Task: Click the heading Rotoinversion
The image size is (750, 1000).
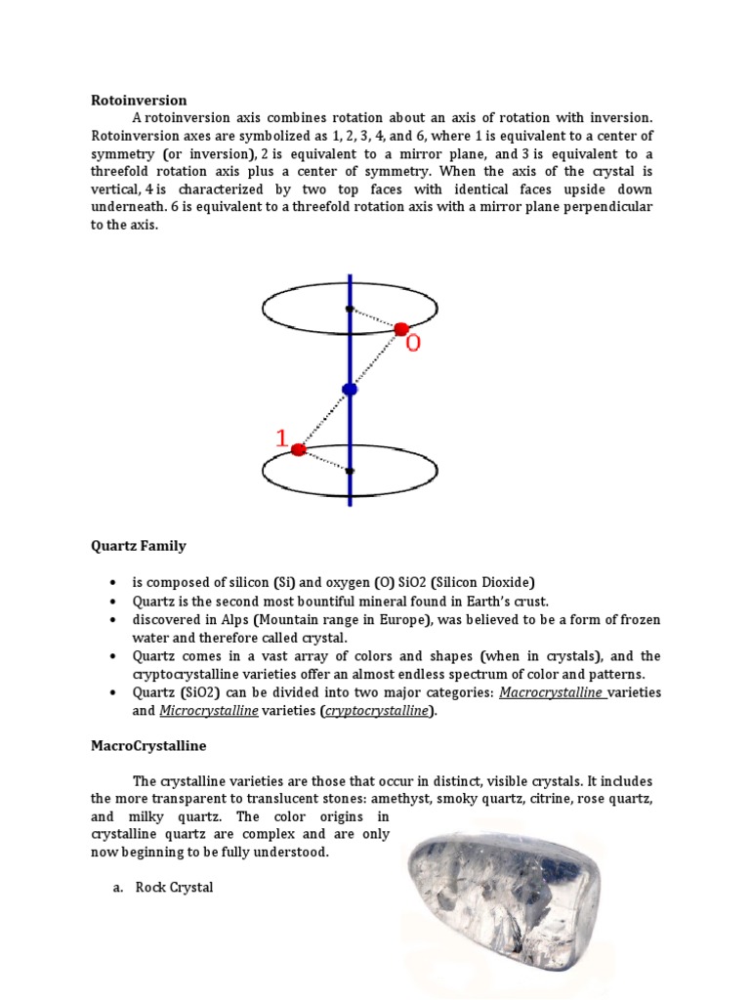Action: click(139, 100)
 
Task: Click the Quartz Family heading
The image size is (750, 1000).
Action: click(138, 546)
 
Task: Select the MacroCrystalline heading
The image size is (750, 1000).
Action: click(148, 745)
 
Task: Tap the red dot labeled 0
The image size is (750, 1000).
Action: click(400, 329)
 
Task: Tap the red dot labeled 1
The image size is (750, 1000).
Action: click(299, 450)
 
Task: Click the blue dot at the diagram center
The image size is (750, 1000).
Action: click(350, 390)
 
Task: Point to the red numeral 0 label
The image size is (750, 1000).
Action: click(413, 345)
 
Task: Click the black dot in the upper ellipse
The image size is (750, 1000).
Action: click(350, 310)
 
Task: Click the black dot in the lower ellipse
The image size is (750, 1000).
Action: click(350, 471)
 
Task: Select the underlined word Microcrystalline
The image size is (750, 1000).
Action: click(209, 711)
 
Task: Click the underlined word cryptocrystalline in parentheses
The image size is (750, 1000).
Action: click(377, 711)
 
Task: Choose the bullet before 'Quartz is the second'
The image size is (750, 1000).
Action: click(115, 602)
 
